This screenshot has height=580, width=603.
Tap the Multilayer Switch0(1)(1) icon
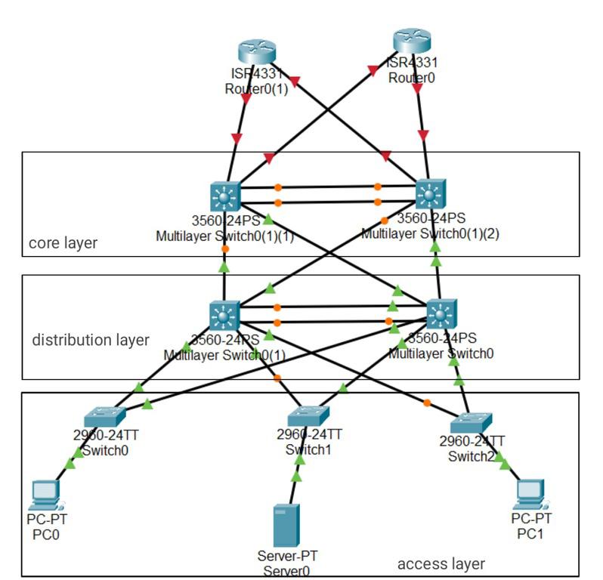click(x=224, y=196)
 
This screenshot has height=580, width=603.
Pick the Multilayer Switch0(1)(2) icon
click(x=430, y=194)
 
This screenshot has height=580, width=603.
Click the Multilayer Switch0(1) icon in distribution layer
click(x=224, y=316)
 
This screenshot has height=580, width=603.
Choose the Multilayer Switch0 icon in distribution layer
click(x=441, y=313)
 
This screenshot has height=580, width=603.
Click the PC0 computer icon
click(x=45, y=495)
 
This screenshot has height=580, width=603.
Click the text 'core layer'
click(x=63, y=243)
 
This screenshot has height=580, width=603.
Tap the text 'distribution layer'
click(x=91, y=340)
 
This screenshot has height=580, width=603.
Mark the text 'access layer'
click(x=441, y=563)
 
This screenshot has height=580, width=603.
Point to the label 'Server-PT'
click(x=286, y=556)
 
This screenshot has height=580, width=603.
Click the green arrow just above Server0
click(x=296, y=477)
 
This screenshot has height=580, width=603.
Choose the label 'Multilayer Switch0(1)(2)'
click(x=430, y=233)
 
